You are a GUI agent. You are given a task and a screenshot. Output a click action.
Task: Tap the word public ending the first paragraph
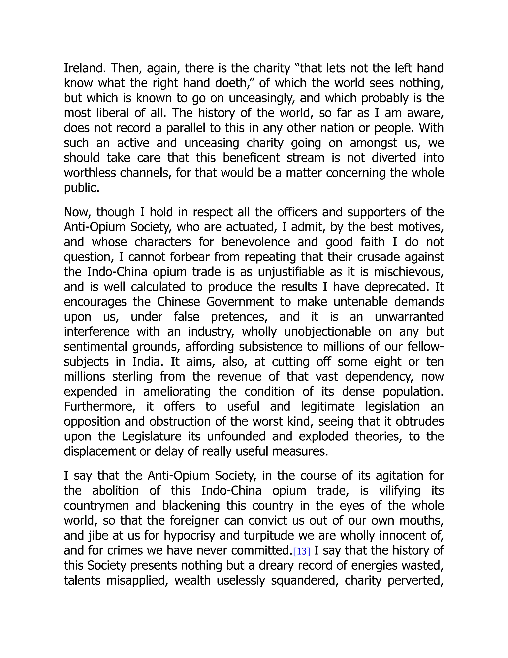(81, 188)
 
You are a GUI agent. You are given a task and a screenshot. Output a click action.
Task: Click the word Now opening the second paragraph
(77, 212)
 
